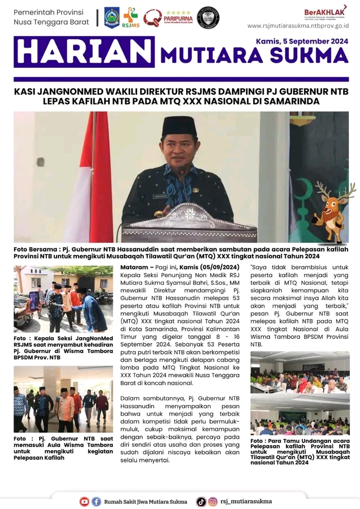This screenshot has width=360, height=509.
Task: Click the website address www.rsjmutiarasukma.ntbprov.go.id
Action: click(x=298, y=26)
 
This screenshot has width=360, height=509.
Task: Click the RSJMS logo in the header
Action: click(x=130, y=17)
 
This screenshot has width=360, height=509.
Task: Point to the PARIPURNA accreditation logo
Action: click(x=168, y=18)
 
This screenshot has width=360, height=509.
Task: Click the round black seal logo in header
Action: click(x=208, y=18)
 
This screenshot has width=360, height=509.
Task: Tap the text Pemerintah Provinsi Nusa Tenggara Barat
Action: click(x=49, y=17)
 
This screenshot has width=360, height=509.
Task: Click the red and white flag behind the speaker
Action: click(x=93, y=170)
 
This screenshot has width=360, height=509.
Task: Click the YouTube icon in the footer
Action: click(x=84, y=501)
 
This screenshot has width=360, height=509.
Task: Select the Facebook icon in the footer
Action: click(x=96, y=501)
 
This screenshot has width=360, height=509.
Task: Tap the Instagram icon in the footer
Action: click(x=213, y=501)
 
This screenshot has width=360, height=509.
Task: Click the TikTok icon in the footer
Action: click(x=201, y=501)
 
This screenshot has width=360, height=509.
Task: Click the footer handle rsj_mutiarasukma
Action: click(x=246, y=501)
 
